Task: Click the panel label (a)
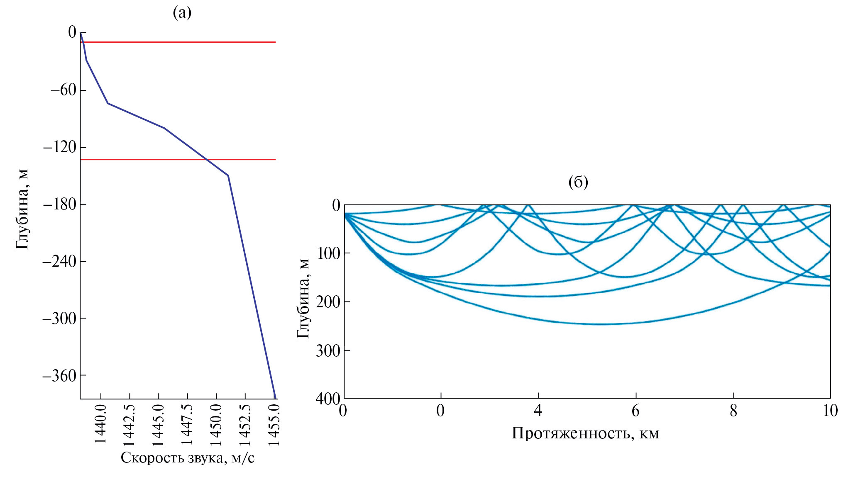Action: pyautogui.click(x=182, y=13)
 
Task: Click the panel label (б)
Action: pyautogui.click(x=578, y=182)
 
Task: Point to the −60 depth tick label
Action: pyautogui.click(x=63, y=90)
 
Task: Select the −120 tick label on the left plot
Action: pyautogui.click(x=60, y=147)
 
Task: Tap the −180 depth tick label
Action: pyautogui.click(x=60, y=204)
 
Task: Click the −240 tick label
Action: pyautogui.click(x=60, y=261)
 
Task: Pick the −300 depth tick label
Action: pyautogui.click(x=60, y=319)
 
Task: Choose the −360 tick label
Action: pyautogui.click(x=60, y=376)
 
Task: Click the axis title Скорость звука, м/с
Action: pyautogui.click(x=188, y=458)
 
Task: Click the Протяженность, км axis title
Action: pyautogui.click(x=585, y=433)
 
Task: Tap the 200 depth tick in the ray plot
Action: pyautogui.click(x=328, y=302)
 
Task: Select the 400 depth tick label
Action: pyautogui.click(x=328, y=399)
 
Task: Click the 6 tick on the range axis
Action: pyautogui.click(x=636, y=411)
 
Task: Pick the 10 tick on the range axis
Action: pyautogui.click(x=830, y=411)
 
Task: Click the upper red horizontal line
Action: pyautogui.click(x=178, y=42)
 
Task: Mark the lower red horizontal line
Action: pyautogui.click(x=178, y=159)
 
